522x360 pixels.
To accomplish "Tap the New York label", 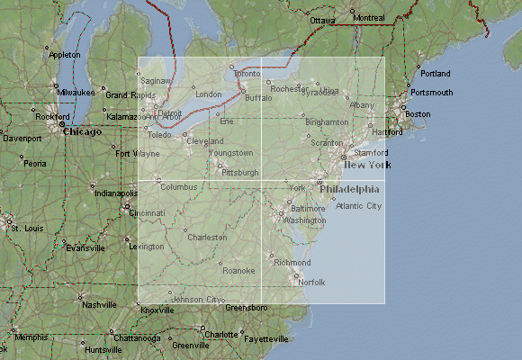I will coord(367,165).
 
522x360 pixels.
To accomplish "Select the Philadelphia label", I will coord(349,190).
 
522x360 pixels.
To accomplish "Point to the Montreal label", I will coord(369,18).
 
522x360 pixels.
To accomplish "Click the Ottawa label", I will coord(322,20).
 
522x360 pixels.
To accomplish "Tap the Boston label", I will coord(418,114).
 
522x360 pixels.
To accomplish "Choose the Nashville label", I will coord(99,305).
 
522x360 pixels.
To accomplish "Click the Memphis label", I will coord(31,337).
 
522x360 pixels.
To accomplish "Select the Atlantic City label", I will coord(358,206).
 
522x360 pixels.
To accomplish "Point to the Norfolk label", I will coord(311,283).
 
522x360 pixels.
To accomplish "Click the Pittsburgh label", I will coord(240,172).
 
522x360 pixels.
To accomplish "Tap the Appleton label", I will coord(64,55).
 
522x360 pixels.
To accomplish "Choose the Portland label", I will coord(435,73).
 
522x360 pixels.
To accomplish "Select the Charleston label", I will coord(207,238).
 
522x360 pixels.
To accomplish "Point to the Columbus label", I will coord(177,186).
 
